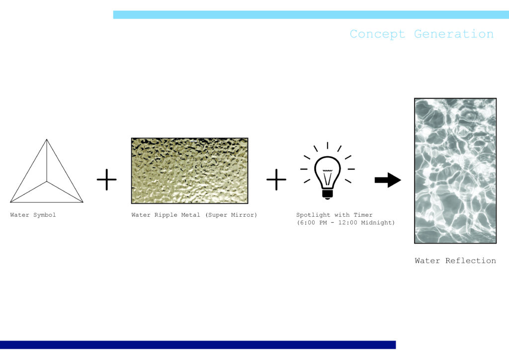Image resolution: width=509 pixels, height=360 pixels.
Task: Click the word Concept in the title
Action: [378, 34]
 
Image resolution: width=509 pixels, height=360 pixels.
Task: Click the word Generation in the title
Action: [454, 34]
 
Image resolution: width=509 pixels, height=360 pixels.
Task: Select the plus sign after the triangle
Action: [106, 180]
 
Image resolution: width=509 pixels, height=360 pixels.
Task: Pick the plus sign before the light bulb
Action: [276, 180]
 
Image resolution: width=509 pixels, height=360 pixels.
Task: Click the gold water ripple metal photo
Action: [189, 171]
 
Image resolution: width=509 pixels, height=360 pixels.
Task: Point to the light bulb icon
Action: [327, 171]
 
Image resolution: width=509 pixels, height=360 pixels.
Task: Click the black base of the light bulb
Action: [327, 194]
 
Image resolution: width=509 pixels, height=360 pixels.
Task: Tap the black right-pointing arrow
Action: [388, 180]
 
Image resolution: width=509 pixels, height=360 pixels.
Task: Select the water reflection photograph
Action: [455, 171]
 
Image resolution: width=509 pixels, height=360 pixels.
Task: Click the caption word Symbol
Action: [44, 215]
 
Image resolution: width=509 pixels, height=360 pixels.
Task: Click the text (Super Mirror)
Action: [231, 215]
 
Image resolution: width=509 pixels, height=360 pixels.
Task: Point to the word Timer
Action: [363, 215]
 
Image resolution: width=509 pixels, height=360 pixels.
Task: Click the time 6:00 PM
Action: [313, 223]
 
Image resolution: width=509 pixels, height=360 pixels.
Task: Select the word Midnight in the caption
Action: [376, 223]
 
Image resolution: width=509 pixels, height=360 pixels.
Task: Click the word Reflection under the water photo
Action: [471, 261]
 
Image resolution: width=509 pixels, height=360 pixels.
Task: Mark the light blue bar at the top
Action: [311, 14]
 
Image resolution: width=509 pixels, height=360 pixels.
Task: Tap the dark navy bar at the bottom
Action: [198, 345]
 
